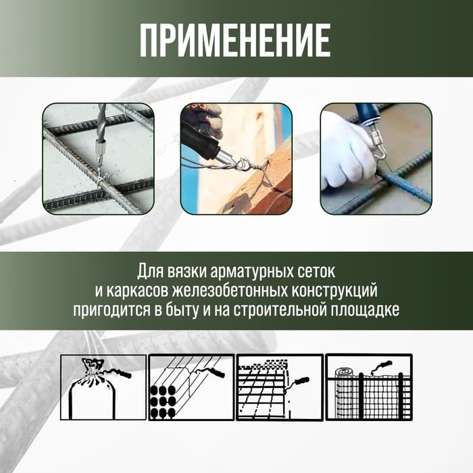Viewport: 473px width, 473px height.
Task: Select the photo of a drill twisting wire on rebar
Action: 98,159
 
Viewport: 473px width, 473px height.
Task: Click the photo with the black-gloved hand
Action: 236,159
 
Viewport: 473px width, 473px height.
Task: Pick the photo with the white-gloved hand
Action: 376,159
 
